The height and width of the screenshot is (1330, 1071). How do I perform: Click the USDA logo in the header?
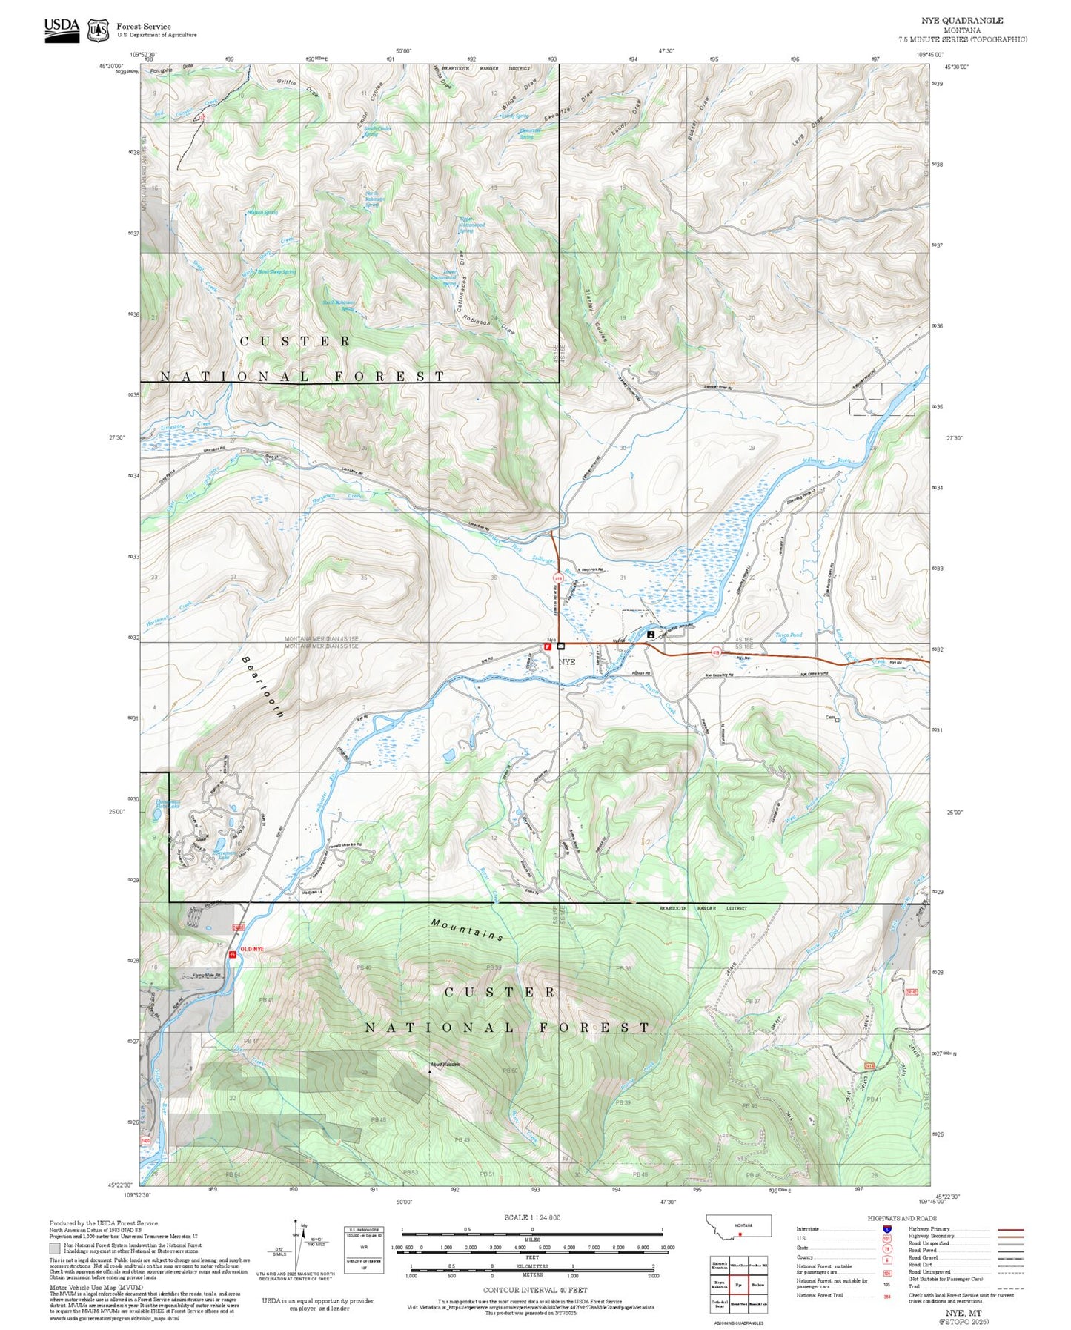(62, 30)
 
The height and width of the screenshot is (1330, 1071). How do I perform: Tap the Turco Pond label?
(789, 635)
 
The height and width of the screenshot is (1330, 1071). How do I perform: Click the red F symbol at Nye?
(548, 646)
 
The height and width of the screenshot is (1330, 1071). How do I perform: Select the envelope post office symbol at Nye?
(561, 646)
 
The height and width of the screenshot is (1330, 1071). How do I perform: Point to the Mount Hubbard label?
(445, 1065)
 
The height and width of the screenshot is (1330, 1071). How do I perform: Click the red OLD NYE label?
(251, 950)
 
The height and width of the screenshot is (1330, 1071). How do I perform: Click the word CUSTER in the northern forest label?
(295, 341)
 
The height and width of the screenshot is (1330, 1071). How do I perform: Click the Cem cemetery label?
(830, 717)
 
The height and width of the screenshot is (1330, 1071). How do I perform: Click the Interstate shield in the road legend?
(886, 1229)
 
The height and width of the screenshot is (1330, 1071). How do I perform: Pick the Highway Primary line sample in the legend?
(1010, 1229)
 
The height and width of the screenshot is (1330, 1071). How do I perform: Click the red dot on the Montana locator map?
(740, 1235)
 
